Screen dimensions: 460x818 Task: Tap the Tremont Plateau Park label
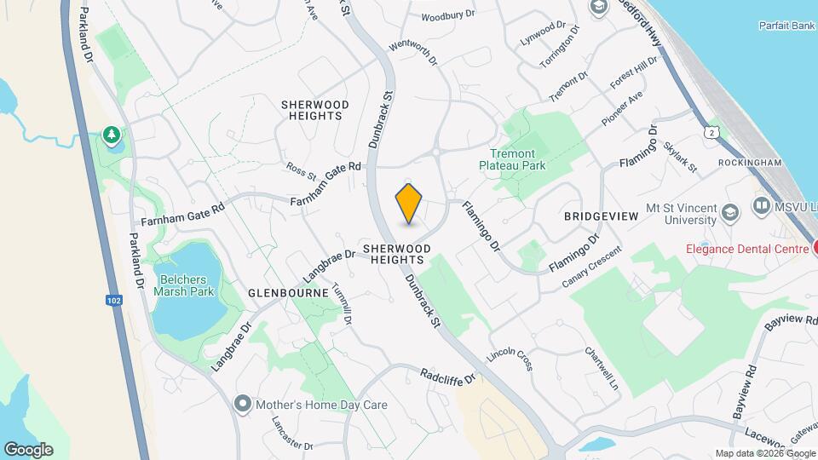tap(512, 159)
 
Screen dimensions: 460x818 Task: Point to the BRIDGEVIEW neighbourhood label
tap(601, 216)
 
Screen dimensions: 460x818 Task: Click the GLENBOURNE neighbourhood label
tap(288, 292)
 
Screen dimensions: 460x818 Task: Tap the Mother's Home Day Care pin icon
tap(244, 405)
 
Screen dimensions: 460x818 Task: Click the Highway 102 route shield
tap(114, 300)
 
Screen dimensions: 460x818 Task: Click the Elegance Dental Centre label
tap(747, 249)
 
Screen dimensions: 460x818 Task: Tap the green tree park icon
tap(111, 135)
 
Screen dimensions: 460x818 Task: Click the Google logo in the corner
tap(28, 449)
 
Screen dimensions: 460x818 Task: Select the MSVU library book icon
tap(760, 206)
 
